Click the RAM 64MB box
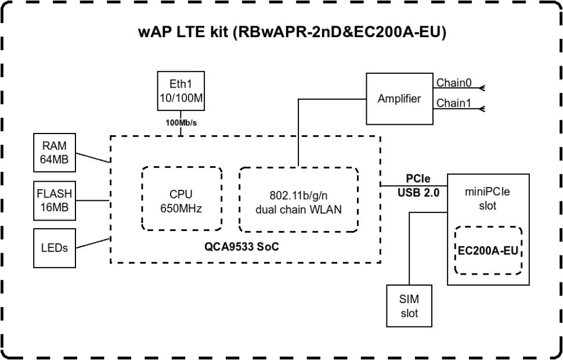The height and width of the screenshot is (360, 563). (x=55, y=154)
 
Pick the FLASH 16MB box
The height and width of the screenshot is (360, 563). (x=55, y=200)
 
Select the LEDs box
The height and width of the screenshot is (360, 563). (x=55, y=248)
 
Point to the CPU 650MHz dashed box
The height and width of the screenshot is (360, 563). (x=181, y=199)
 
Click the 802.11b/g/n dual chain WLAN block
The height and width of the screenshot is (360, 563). (x=298, y=199)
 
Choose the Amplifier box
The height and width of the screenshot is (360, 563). (x=399, y=98)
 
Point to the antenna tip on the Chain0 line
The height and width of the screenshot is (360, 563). (x=482, y=89)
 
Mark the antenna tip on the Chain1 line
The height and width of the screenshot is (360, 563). (x=482, y=109)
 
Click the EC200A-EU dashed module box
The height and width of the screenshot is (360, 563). (x=489, y=250)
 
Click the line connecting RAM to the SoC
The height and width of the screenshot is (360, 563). (x=93, y=158)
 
